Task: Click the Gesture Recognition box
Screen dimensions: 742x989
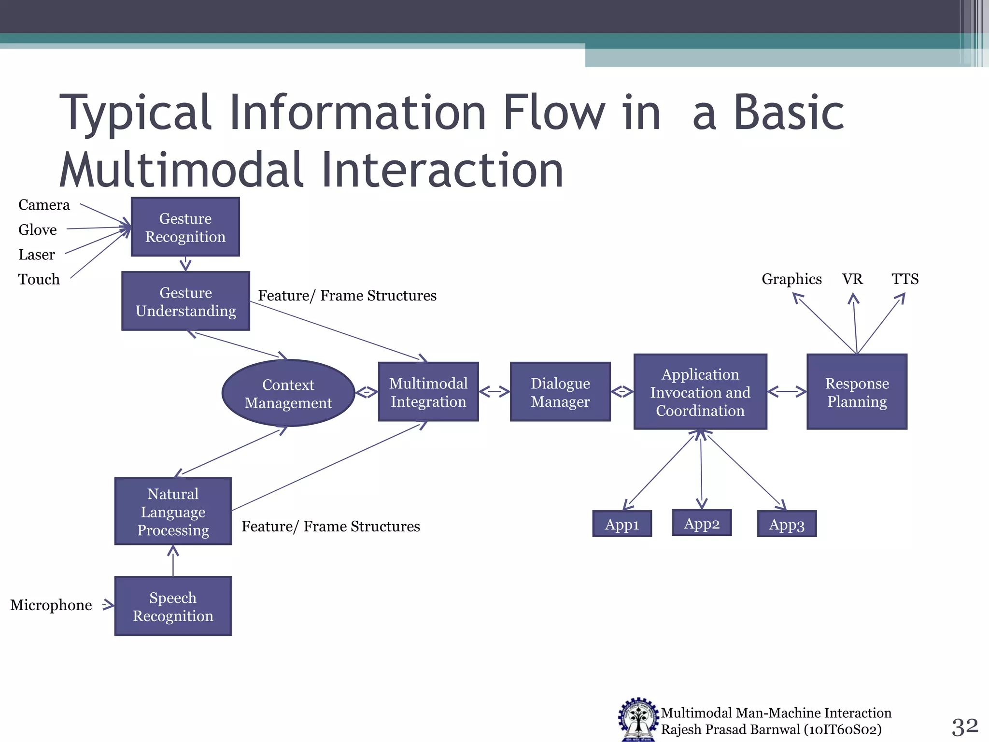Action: tap(185, 227)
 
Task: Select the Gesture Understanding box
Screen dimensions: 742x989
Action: tap(185, 301)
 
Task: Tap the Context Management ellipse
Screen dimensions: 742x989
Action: tap(288, 393)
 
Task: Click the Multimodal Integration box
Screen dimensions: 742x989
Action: tap(428, 392)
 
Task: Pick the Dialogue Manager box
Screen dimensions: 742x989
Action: tap(560, 392)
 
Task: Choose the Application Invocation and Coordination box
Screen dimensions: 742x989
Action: tap(700, 392)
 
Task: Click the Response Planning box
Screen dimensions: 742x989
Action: tap(857, 392)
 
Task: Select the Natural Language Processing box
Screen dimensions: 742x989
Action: tap(173, 511)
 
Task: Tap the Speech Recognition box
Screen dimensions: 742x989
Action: tap(173, 606)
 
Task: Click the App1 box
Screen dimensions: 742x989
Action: tap(622, 524)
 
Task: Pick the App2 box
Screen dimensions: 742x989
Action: tap(702, 523)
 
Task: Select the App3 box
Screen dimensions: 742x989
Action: tap(787, 524)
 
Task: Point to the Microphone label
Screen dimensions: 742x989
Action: tap(51, 605)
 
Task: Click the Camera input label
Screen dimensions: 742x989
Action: tap(44, 205)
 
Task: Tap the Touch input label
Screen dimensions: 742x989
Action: tap(39, 279)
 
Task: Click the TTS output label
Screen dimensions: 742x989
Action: tap(905, 279)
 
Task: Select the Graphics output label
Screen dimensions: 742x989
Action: tap(791, 279)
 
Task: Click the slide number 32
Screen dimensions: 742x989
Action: tap(964, 726)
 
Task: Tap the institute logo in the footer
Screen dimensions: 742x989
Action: tap(638, 720)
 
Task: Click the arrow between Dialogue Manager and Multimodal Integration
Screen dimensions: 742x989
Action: tap(494, 392)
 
